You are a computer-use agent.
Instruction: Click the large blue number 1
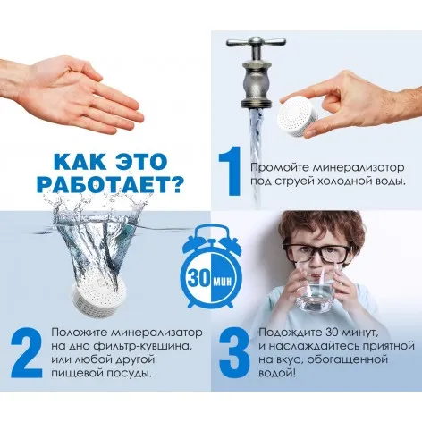pos(231,171)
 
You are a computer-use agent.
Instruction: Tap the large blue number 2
pos(27,353)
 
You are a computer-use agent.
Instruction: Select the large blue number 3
pos(234,353)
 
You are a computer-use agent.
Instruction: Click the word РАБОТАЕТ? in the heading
pos(109,184)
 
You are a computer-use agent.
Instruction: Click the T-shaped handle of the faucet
pos(256,42)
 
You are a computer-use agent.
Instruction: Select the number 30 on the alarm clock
pos(198,279)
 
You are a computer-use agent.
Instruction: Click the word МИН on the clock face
pos(223,281)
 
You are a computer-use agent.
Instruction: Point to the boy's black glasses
pos(316,252)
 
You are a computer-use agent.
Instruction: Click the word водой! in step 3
pos(277,373)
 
